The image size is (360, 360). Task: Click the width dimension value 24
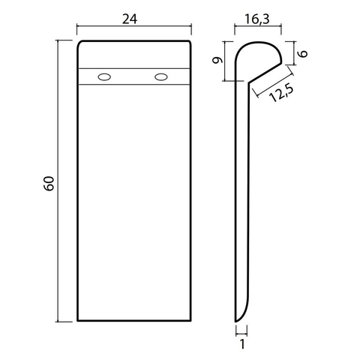click(x=130, y=19)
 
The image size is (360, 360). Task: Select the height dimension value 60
click(x=49, y=184)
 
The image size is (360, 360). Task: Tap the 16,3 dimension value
click(x=257, y=19)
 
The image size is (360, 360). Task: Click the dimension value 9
click(x=217, y=60)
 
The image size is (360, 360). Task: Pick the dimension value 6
click(x=303, y=53)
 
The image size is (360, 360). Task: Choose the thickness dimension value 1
click(x=242, y=344)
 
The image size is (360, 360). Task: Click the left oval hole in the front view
click(x=104, y=77)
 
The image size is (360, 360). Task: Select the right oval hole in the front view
click(x=161, y=77)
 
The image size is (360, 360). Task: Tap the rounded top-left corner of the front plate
click(x=79, y=43)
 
